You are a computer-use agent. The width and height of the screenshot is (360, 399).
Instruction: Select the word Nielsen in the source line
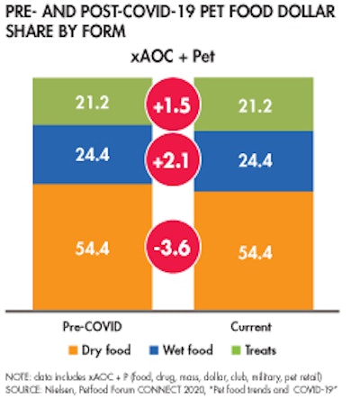(69, 386)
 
